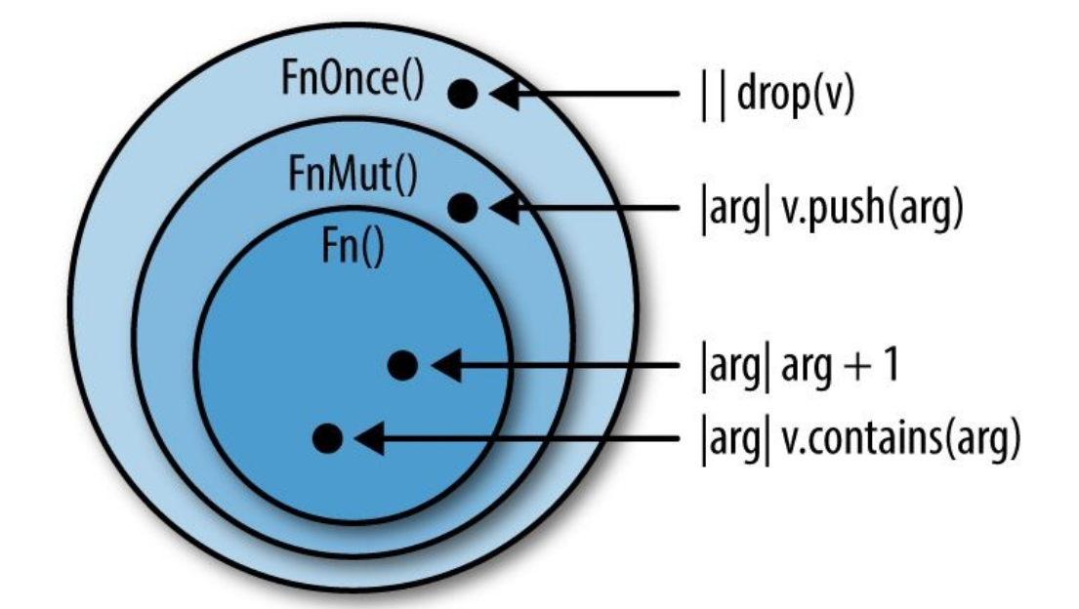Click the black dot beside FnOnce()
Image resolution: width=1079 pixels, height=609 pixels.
click(463, 94)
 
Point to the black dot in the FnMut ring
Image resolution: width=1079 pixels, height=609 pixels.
click(463, 207)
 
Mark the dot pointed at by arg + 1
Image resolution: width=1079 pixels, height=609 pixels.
click(402, 365)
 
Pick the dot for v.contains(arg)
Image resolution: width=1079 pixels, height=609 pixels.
click(328, 438)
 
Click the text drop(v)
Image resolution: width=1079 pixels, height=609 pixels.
click(794, 97)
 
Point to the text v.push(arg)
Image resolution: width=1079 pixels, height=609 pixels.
click(863, 209)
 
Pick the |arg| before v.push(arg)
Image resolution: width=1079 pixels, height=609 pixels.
click(726, 209)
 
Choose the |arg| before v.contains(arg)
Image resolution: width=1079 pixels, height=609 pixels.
click(726, 440)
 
